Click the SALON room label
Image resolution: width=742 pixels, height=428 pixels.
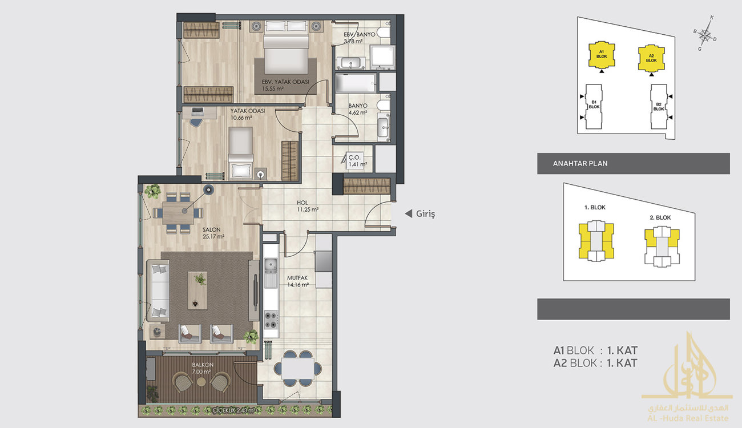tap(212, 229)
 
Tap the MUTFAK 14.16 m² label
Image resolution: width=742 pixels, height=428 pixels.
tap(298, 281)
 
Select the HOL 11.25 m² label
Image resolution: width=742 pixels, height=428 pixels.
tap(308, 205)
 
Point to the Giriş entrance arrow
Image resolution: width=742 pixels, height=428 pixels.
tap(409, 213)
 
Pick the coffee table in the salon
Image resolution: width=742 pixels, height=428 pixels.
tap(197, 290)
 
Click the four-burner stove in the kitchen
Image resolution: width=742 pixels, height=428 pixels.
tap(271, 320)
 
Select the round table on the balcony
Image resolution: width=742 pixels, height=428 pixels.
tap(201, 382)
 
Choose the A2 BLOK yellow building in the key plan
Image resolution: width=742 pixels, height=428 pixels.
tap(651, 58)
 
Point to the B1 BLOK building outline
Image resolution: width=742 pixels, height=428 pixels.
tap(594, 106)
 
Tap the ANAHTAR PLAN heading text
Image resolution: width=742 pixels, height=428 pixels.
tap(580, 163)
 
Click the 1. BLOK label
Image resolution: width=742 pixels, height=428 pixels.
tap(595, 207)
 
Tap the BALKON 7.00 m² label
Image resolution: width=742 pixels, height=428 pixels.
tap(203, 368)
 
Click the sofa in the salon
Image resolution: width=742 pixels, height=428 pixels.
tap(158, 290)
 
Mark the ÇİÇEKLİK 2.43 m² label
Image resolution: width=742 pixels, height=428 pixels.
tap(234, 410)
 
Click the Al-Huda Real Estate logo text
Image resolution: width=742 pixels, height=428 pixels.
tap(688, 418)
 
